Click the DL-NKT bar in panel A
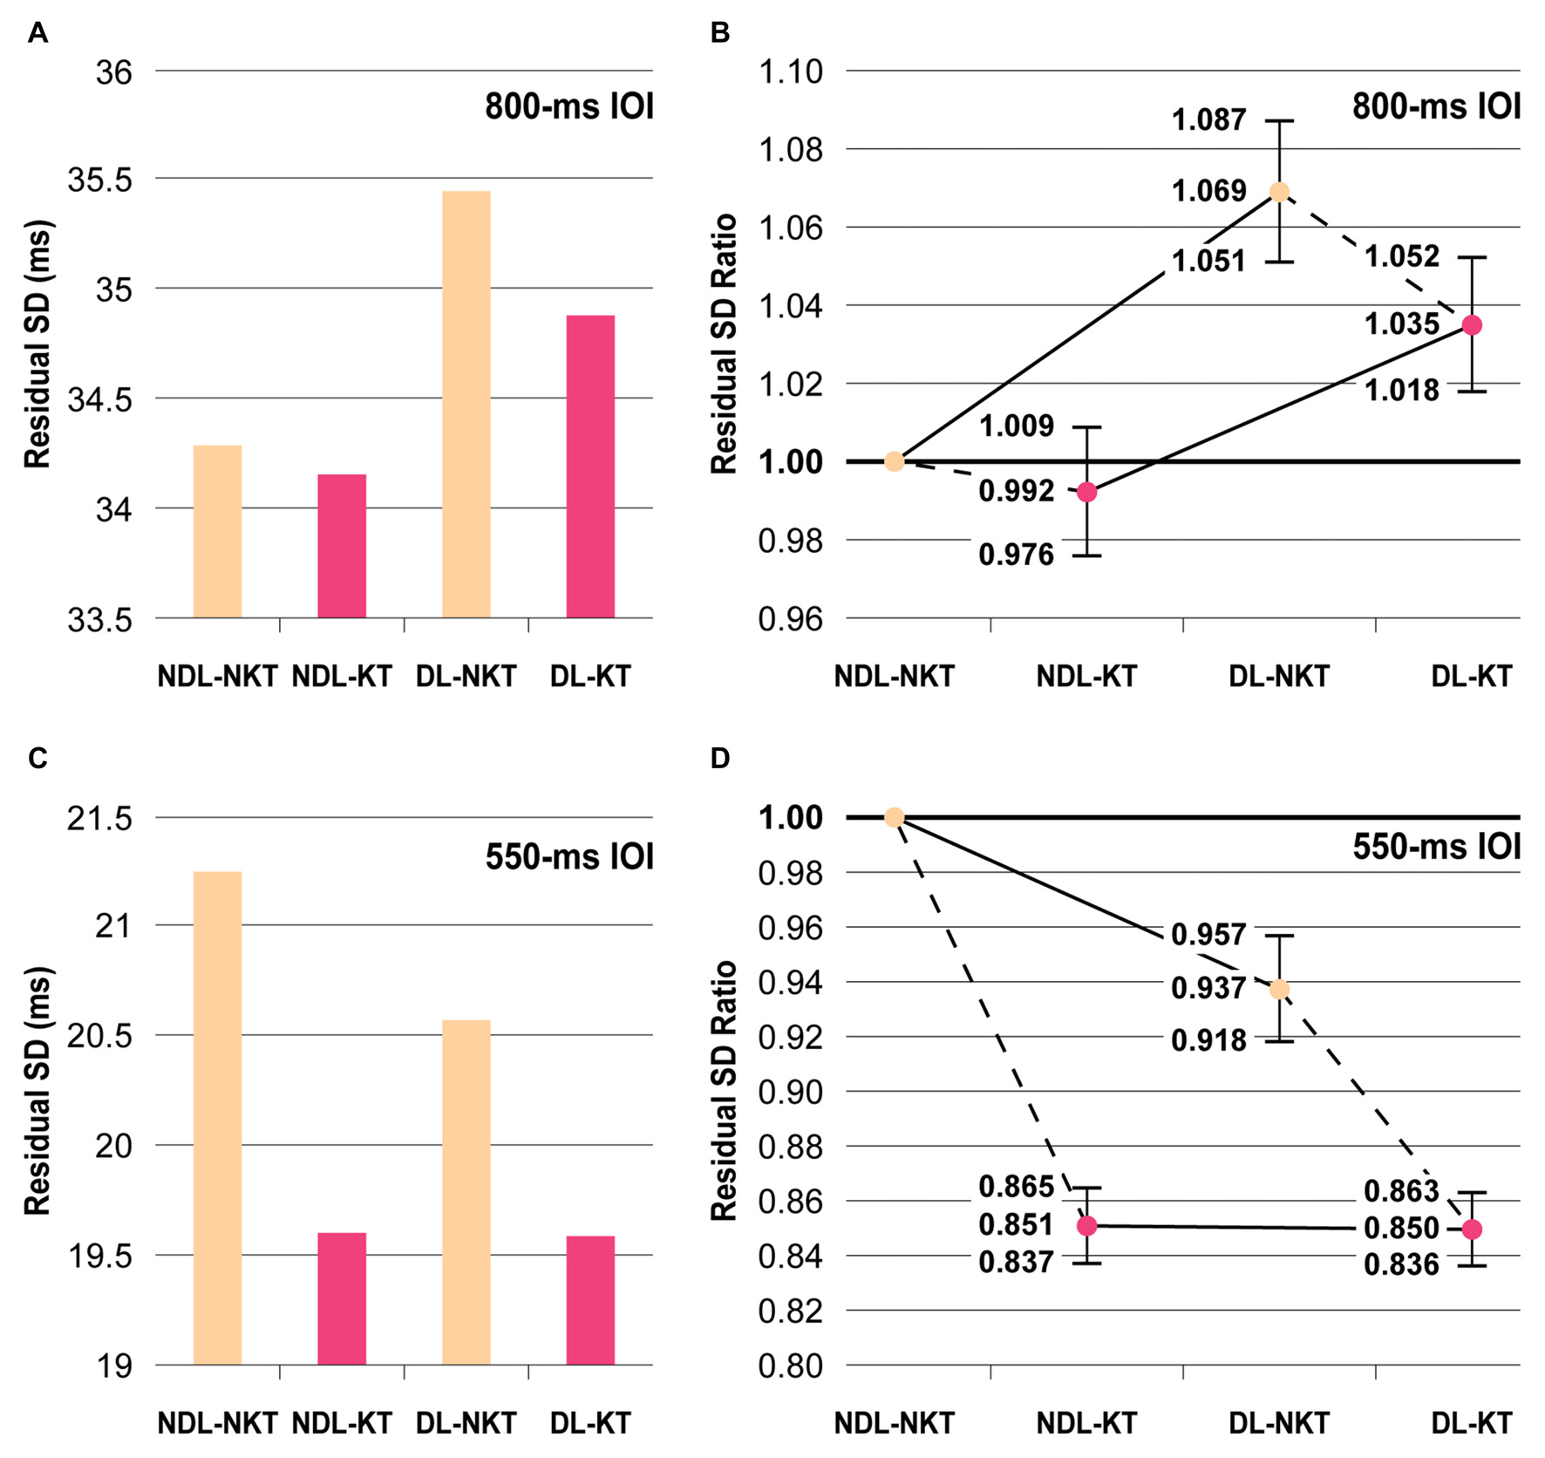point(466,405)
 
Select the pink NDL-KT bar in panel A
point(342,546)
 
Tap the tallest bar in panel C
point(217,1118)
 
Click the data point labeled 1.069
point(1279,192)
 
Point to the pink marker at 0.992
point(1087,493)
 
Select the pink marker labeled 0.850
point(1472,1230)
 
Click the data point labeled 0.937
point(1279,989)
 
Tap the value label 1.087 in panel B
point(1208,119)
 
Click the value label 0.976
point(1016,555)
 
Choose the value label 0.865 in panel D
point(1016,1186)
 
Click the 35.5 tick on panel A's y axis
point(100,180)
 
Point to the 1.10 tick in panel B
point(791,72)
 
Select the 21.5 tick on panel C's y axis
point(100,819)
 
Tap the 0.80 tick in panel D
point(791,1366)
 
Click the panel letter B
point(720,32)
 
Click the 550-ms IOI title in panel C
point(569,856)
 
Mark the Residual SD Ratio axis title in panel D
point(725,1090)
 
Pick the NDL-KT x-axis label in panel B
point(1086,677)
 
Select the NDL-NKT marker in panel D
point(894,817)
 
